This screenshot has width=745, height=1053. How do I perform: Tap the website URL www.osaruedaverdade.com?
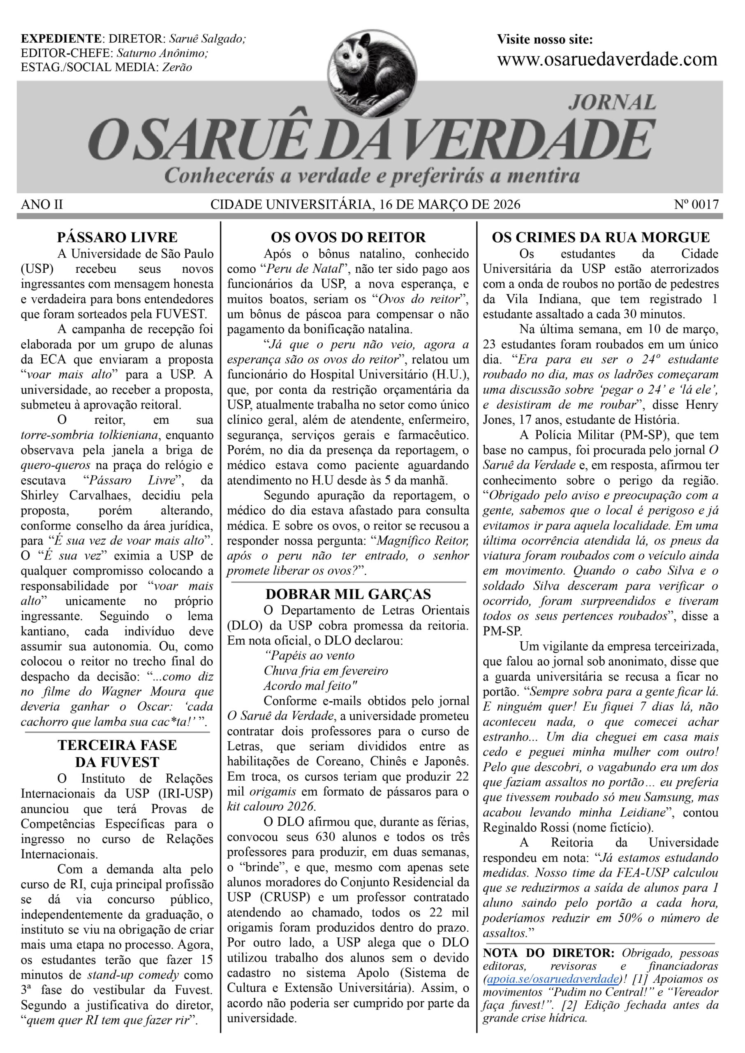point(607,60)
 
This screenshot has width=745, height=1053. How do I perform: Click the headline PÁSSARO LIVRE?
point(117,237)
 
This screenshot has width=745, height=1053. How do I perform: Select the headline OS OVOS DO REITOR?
point(348,237)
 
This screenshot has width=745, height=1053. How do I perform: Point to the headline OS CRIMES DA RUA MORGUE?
point(601,237)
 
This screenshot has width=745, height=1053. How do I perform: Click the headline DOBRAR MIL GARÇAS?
point(348,594)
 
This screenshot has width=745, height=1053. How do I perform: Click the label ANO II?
point(42,204)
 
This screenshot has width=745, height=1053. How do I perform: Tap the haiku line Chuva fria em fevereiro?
point(326,671)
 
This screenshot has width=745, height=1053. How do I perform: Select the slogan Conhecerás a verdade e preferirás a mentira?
point(372,176)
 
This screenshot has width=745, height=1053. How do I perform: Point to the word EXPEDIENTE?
point(61,39)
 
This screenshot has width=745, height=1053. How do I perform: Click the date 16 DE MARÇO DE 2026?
point(450,204)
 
